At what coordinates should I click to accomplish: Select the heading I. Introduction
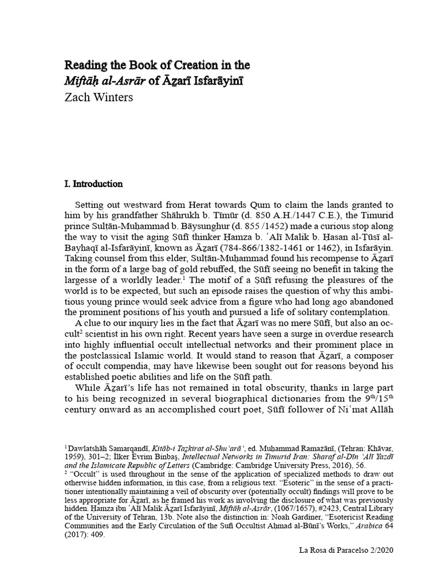[93, 184]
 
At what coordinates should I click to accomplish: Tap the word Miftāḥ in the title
[83, 81]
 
